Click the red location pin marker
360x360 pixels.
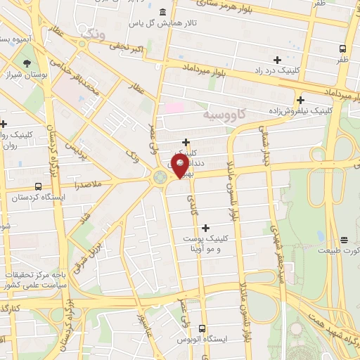point(180,166)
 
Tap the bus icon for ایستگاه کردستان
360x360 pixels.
point(37,187)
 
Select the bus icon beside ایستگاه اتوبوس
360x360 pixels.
point(202,328)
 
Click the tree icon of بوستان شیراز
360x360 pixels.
point(27,63)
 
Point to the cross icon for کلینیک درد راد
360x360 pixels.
point(277,60)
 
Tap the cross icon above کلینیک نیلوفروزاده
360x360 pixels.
point(300,100)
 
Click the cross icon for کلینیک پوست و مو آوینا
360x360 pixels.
point(205,227)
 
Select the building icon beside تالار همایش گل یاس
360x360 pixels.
point(163,12)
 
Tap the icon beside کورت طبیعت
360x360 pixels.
point(344,240)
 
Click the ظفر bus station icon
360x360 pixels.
point(342,49)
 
